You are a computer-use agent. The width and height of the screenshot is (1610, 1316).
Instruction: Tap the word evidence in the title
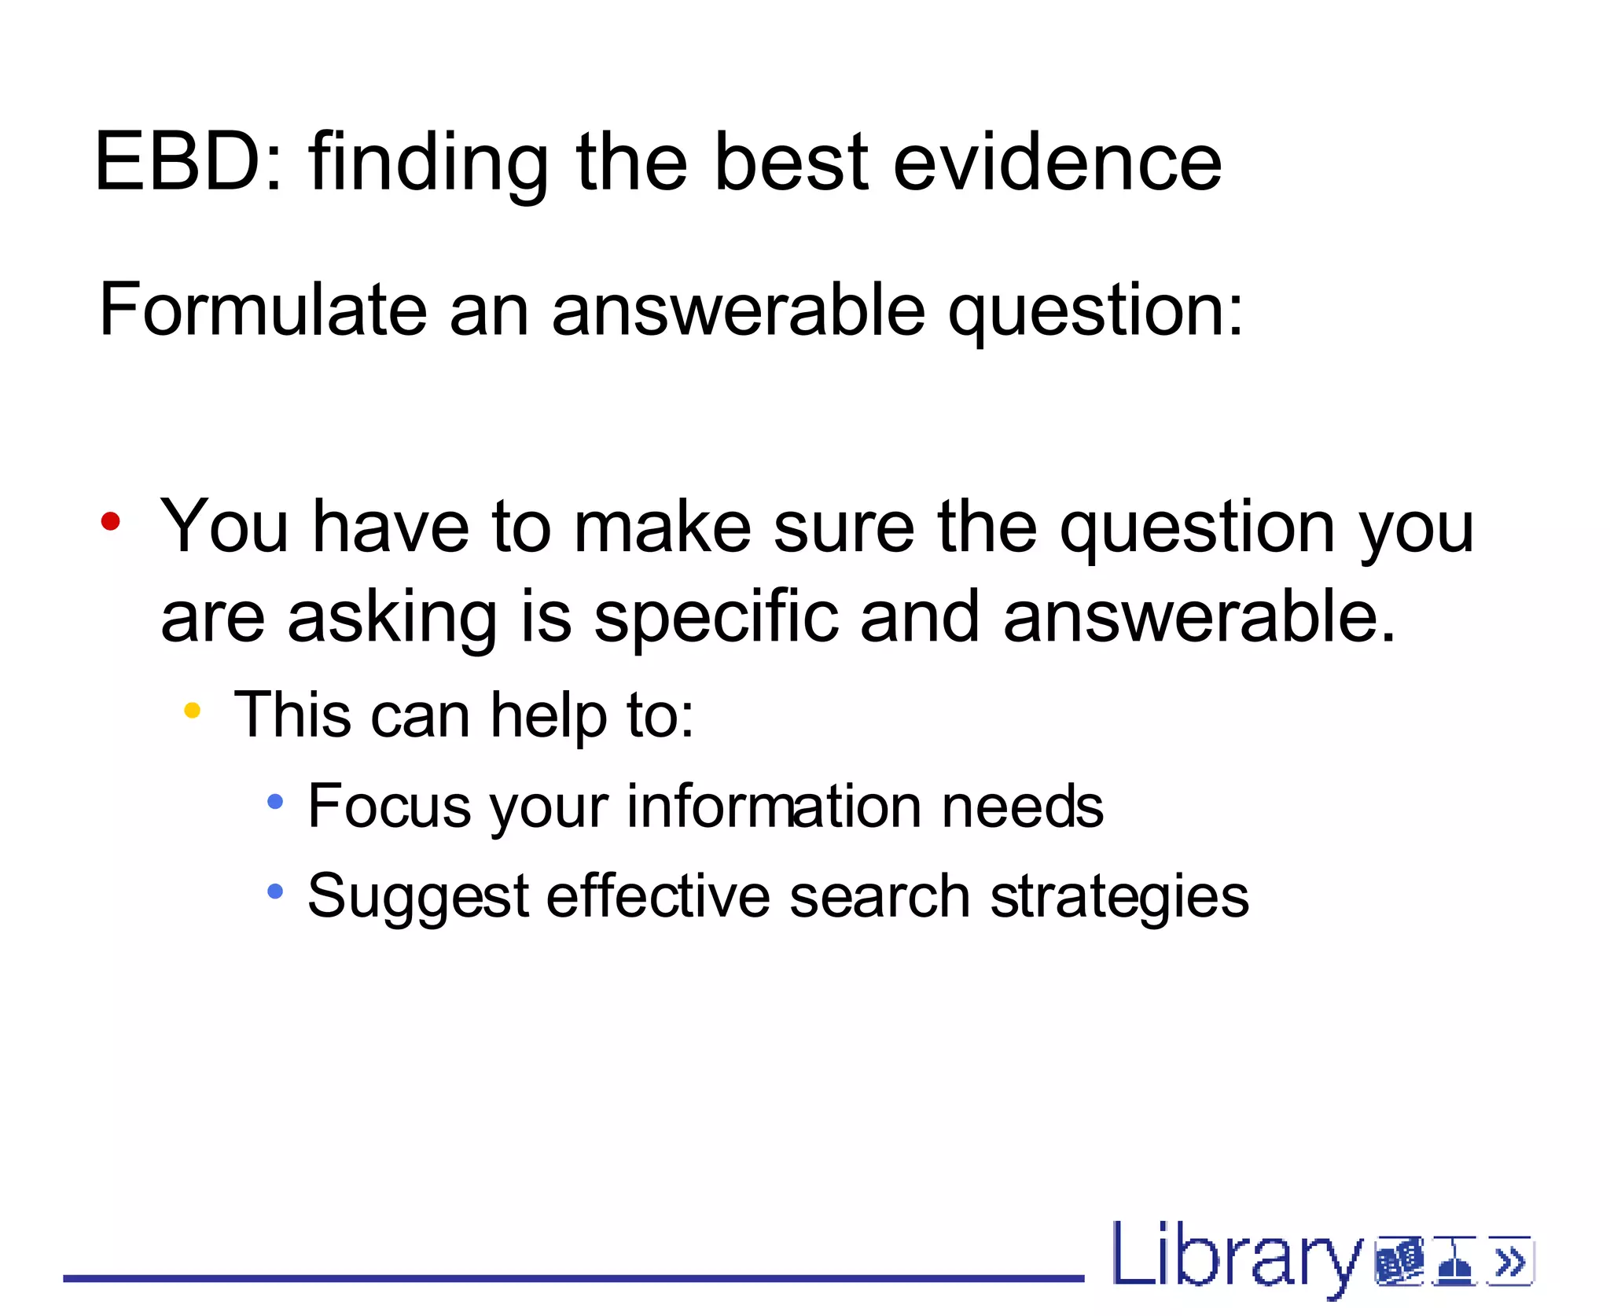pyautogui.click(x=1057, y=162)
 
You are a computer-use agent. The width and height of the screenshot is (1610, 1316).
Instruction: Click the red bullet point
pyautogui.click(x=111, y=521)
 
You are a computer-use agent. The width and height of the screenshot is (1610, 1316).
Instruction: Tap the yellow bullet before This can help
pyautogui.click(x=192, y=711)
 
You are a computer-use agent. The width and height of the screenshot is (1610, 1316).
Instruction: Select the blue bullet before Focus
pyautogui.click(x=275, y=802)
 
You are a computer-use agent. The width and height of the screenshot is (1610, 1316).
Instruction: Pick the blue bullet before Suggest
pyautogui.click(x=275, y=891)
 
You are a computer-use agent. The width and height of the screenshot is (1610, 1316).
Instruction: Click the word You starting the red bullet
pyautogui.click(x=225, y=527)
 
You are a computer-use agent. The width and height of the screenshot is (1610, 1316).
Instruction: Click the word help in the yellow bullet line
pyautogui.click(x=549, y=715)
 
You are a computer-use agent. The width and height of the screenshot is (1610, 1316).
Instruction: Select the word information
pyautogui.click(x=774, y=807)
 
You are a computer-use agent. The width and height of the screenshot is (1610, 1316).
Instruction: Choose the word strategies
pyautogui.click(x=1119, y=898)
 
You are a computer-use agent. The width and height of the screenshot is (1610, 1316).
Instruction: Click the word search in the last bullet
pyautogui.click(x=879, y=896)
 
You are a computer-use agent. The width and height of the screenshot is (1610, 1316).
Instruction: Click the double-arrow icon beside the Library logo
pyautogui.click(x=1510, y=1262)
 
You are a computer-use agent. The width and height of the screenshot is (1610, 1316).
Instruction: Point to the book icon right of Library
pyautogui.click(x=1399, y=1262)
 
